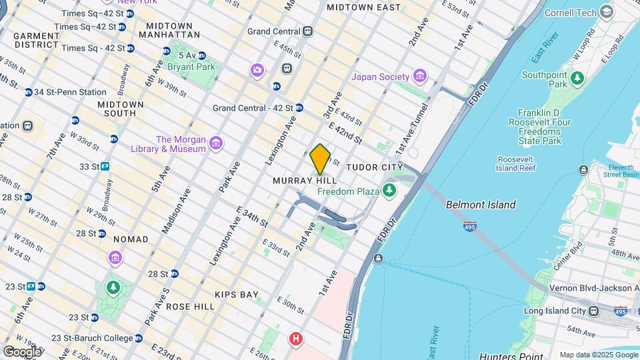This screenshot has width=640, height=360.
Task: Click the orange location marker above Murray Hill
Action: tap(320, 159)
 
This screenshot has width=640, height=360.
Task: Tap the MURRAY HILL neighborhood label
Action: tap(305, 181)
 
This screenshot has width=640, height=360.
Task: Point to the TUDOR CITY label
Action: tap(374, 167)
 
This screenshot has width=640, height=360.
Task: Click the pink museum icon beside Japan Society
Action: tap(419, 77)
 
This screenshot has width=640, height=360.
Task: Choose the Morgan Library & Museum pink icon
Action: tap(215, 143)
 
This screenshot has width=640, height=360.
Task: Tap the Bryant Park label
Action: tap(191, 67)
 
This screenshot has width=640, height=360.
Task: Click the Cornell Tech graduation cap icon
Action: tap(606, 12)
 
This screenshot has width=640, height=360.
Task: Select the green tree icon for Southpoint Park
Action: tap(577, 79)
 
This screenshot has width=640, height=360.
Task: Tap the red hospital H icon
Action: tap(295, 339)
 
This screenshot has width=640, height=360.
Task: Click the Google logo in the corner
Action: tap(21, 351)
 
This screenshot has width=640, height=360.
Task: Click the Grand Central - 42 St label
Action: tap(253, 108)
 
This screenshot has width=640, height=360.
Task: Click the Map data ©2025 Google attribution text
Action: tap(598, 355)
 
